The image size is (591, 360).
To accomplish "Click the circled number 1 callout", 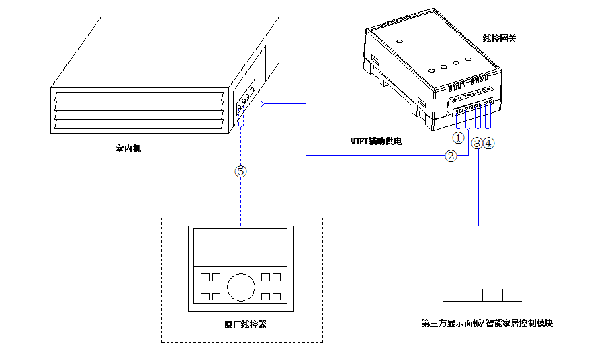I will pos(458,137).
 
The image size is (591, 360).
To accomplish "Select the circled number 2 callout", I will pos(451,156).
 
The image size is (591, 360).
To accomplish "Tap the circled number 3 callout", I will pos(477,143).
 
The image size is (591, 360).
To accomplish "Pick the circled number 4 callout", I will pos(488,143).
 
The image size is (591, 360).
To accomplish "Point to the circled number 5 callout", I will pos(241,171).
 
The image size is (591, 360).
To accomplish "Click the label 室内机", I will pos(128,148).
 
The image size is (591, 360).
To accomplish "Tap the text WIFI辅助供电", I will pos(376,141).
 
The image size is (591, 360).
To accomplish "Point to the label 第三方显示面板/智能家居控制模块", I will pos(487,323).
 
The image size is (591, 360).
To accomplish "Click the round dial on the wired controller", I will pos(241,287).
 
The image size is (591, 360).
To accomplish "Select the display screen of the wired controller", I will pos(241,246).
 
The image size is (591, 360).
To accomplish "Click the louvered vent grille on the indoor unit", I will pos(138,111).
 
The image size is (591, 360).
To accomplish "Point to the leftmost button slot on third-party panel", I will pos(453,295).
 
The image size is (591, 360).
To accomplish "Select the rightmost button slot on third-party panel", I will pos(512,295).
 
